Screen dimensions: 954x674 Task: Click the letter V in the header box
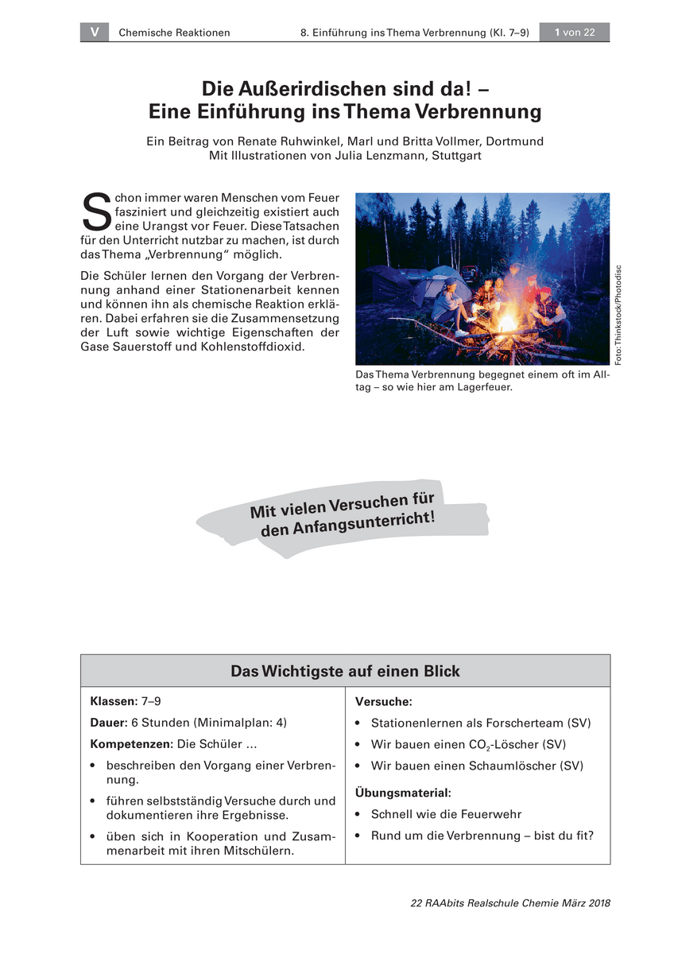click(x=95, y=33)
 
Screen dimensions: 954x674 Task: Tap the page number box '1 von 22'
click(x=575, y=33)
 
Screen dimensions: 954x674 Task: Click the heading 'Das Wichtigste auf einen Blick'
click(x=345, y=671)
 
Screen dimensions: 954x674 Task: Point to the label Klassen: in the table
click(x=114, y=702)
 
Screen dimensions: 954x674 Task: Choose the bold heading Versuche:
click(x=383, y=702)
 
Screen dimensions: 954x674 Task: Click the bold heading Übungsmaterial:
click(x=402, y=793)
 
